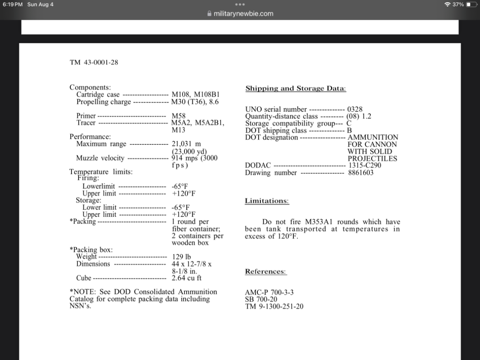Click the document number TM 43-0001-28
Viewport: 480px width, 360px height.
[x=94, y=62]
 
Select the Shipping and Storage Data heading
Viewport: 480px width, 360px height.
[x=296, y=88]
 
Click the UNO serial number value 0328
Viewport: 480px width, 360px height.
[x=354, y=109]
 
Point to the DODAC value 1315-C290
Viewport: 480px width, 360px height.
[x=364, y=166]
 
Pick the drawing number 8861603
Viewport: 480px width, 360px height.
[x=360, y=173]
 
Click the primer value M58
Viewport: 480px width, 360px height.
[x=179, y=116]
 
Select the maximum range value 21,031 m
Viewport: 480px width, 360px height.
[x=186, y=144]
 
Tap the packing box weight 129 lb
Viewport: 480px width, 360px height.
[x=182, y=257]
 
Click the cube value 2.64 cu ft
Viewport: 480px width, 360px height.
[x=186, y=278]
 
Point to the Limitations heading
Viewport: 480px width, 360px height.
[x=267, y=201]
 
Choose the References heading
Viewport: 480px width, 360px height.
[x=265, y=271]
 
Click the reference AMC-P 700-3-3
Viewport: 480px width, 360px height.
[x=269, y=292]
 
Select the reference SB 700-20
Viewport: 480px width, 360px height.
[x=261, y=299]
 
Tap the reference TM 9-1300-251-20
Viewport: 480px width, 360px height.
[x=274, y=306]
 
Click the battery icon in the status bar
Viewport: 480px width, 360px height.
[x=471, y=4]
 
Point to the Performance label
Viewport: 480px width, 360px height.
[x=90, y=137]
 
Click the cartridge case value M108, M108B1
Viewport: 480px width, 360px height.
[x=195, y=95]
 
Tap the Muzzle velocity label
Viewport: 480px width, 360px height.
[x=100, y=158]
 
